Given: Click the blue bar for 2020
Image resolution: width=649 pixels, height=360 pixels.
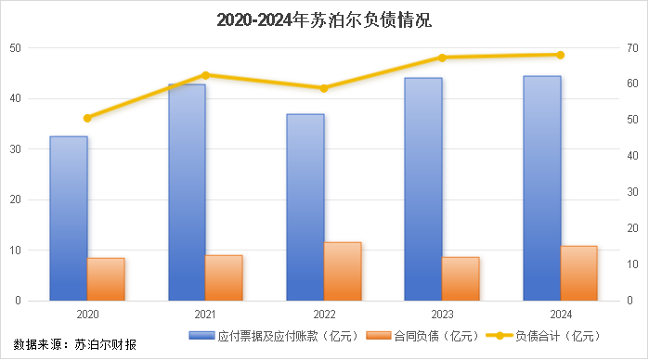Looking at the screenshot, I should point(69,218).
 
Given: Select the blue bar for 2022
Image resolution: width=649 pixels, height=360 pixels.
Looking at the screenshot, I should point(305,207).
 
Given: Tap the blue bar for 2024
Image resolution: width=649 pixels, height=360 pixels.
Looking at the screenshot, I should point(542,188).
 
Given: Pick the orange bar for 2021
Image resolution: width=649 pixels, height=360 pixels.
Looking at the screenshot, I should point(224,277).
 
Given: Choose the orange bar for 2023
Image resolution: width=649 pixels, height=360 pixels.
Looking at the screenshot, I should point(461,278).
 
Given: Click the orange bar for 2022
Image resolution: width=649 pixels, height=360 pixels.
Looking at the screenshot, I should point(343,271).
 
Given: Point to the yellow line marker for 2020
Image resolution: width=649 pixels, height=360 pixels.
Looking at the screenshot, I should point(87,118).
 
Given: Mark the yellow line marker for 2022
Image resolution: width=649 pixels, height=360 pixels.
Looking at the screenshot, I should point(324,88).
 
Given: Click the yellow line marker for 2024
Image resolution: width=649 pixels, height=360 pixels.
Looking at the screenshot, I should point(561,55).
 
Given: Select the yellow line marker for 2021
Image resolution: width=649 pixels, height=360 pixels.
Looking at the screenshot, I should point(205,74).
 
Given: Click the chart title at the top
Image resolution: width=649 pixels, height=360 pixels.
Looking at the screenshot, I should point(324,19).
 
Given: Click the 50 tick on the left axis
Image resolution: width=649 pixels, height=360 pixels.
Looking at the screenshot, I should point(17,48).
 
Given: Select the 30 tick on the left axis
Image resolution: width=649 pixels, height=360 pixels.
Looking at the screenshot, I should point(17,149).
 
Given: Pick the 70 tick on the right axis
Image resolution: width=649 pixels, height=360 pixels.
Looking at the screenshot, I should point(630,48).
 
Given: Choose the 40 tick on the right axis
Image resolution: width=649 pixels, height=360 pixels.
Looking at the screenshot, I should point(630,156).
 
